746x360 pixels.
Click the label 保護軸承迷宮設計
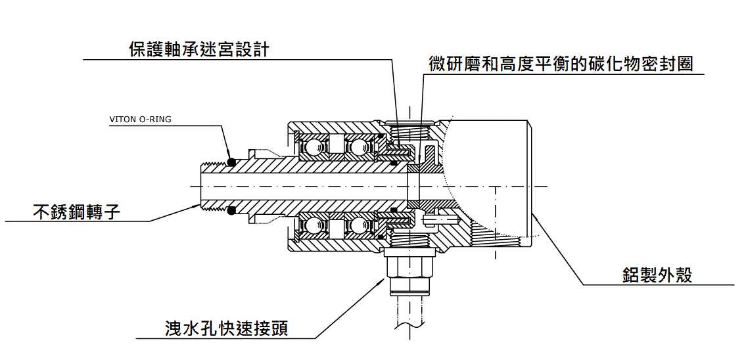coord(199,49)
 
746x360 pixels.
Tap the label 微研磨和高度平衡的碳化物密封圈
coord(561,64)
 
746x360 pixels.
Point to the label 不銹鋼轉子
coord(77,212)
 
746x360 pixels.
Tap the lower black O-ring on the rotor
coord(231,211)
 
